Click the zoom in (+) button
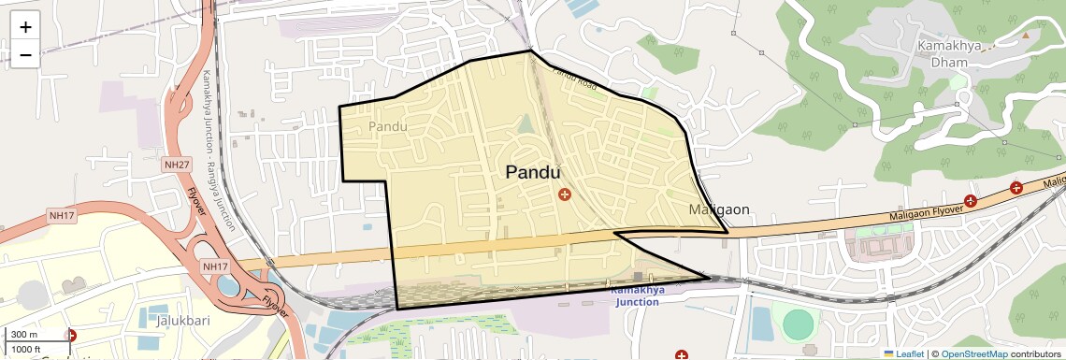click(x=25, y=26)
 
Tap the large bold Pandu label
click(x=533, y=172)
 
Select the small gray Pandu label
click(x=388, y=126)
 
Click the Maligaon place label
click(x=719, y=209)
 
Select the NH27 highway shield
click(x=176, y=165)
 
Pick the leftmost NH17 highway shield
click(x=62, y=216)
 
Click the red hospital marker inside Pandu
click(x=564, y=194)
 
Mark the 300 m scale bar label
click(x=24, y=335)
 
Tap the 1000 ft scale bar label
click(x=27, y=349)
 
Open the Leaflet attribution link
click(x=902, y=353)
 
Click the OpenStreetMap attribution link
click(x=973, y=353)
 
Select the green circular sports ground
click(x=798, y=324)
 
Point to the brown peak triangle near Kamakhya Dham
click(x=1025, y=35)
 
